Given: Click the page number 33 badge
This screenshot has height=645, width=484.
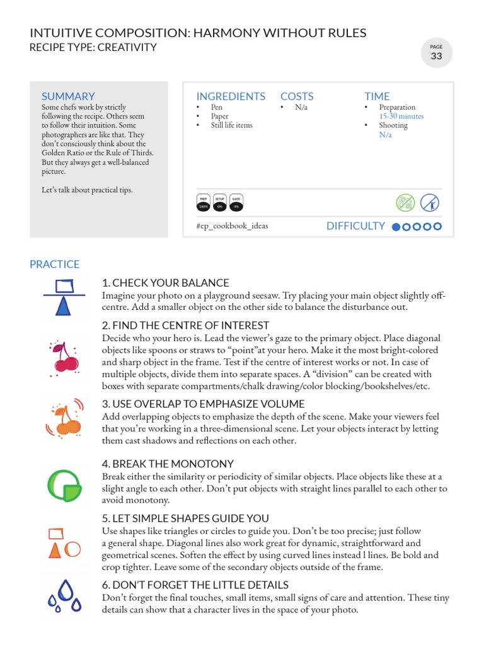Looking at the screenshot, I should (x=436, y=54).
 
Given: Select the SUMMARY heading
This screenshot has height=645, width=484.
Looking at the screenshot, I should (x=68, y=96).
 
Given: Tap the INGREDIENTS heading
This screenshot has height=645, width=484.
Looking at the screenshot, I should (x=231, y=96).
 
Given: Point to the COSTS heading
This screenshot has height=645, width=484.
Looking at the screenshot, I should (x=297, y=96).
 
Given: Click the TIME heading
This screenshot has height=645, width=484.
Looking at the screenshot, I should (x=377, y=96).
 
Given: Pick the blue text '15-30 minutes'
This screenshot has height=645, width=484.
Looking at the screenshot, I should (x=401, y=117).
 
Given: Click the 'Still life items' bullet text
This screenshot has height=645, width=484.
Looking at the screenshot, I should (x=231, y=125).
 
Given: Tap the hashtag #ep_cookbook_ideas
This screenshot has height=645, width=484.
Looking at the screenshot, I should (x=231, y=225).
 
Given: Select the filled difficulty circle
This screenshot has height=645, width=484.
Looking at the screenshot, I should (x=396, y=227).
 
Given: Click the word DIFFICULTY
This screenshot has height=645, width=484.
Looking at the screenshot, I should (x=355, y=226).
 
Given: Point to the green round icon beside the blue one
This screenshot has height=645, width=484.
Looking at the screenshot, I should (x=405, y=203).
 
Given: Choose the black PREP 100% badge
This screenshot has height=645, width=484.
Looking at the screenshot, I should (x=204, y=203).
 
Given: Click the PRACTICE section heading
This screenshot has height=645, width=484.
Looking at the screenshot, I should (x=55, y=265).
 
